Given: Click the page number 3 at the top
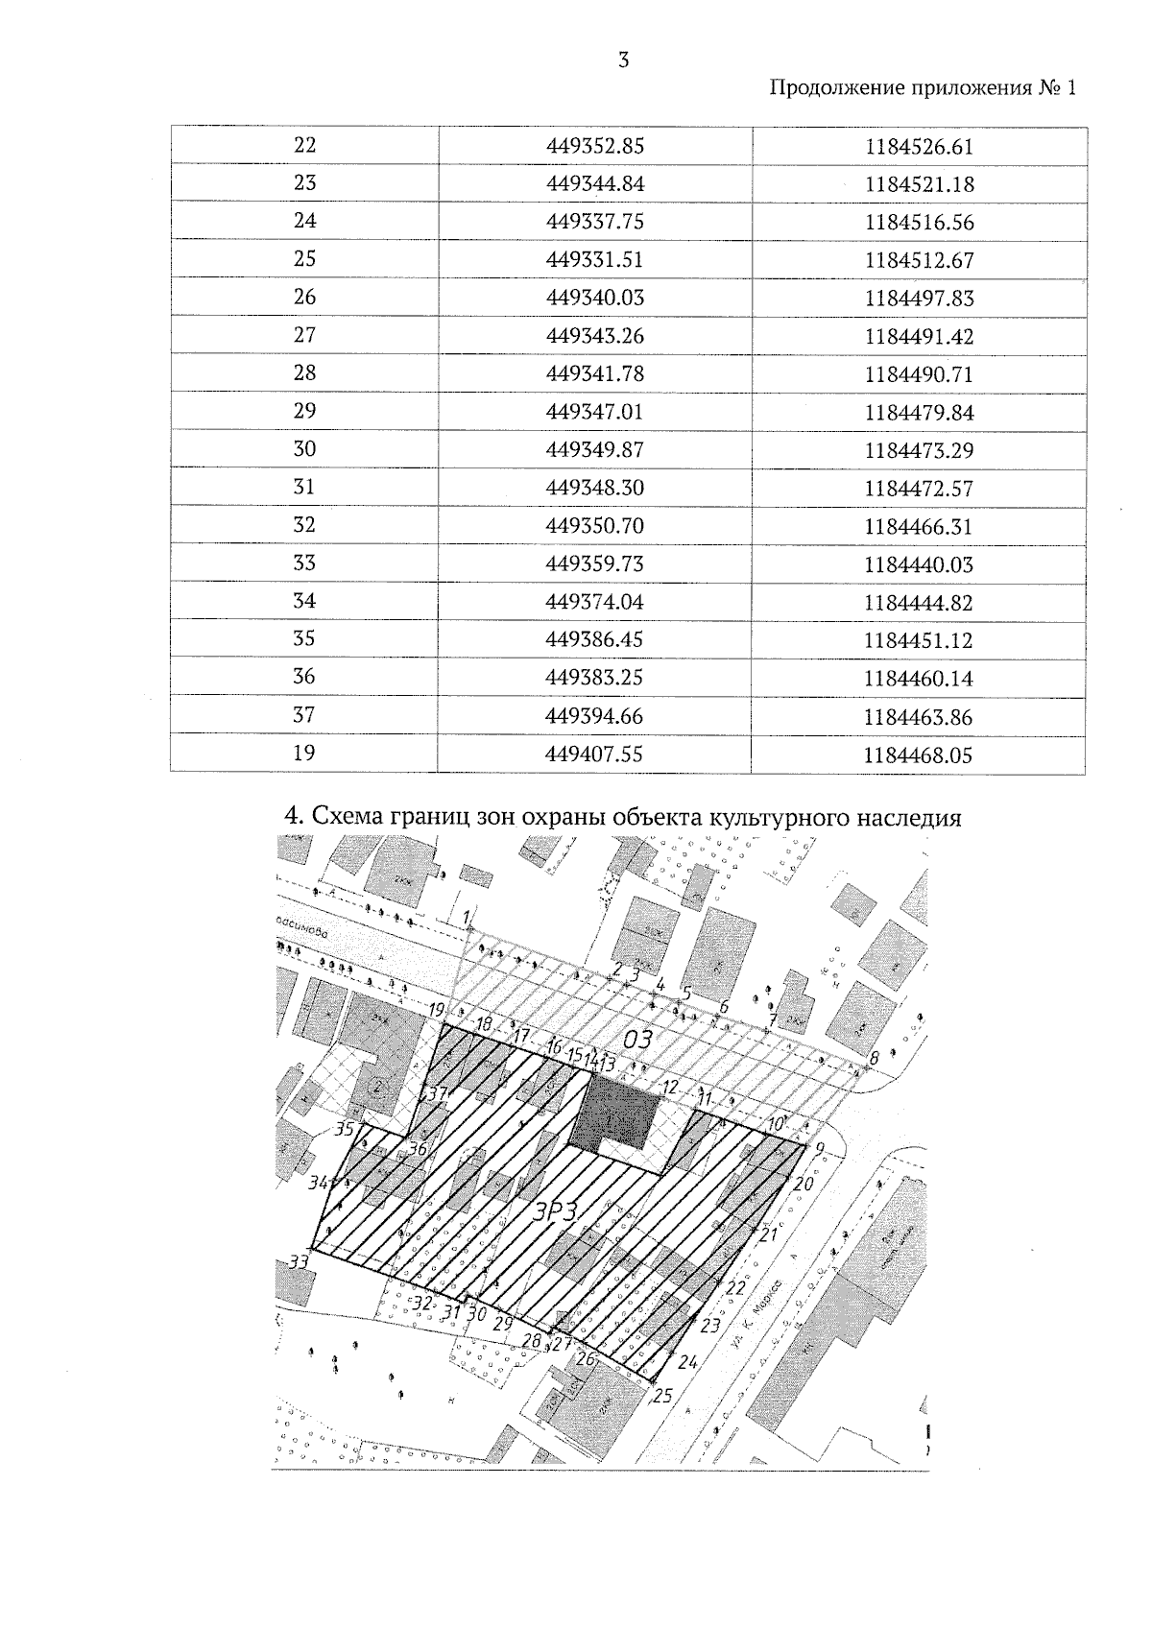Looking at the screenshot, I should (624, 60).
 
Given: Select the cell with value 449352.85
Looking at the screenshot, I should (594, 147).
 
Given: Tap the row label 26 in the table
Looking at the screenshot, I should (304, 298).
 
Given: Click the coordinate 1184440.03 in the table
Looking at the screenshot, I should (919, 564).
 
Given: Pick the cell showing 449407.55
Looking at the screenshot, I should (594, 755).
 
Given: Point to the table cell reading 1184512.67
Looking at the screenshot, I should (919, 260).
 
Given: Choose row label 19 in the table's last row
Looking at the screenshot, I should (304, 754).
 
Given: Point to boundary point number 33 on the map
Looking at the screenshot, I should (300, 1261).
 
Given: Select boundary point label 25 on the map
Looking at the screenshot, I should (662, 1396).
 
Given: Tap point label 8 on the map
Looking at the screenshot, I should (873, 1059).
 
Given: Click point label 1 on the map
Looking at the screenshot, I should (467, 917).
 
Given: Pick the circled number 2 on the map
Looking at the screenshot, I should (377, 1087).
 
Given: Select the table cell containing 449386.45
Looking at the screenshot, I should (594, 640).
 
